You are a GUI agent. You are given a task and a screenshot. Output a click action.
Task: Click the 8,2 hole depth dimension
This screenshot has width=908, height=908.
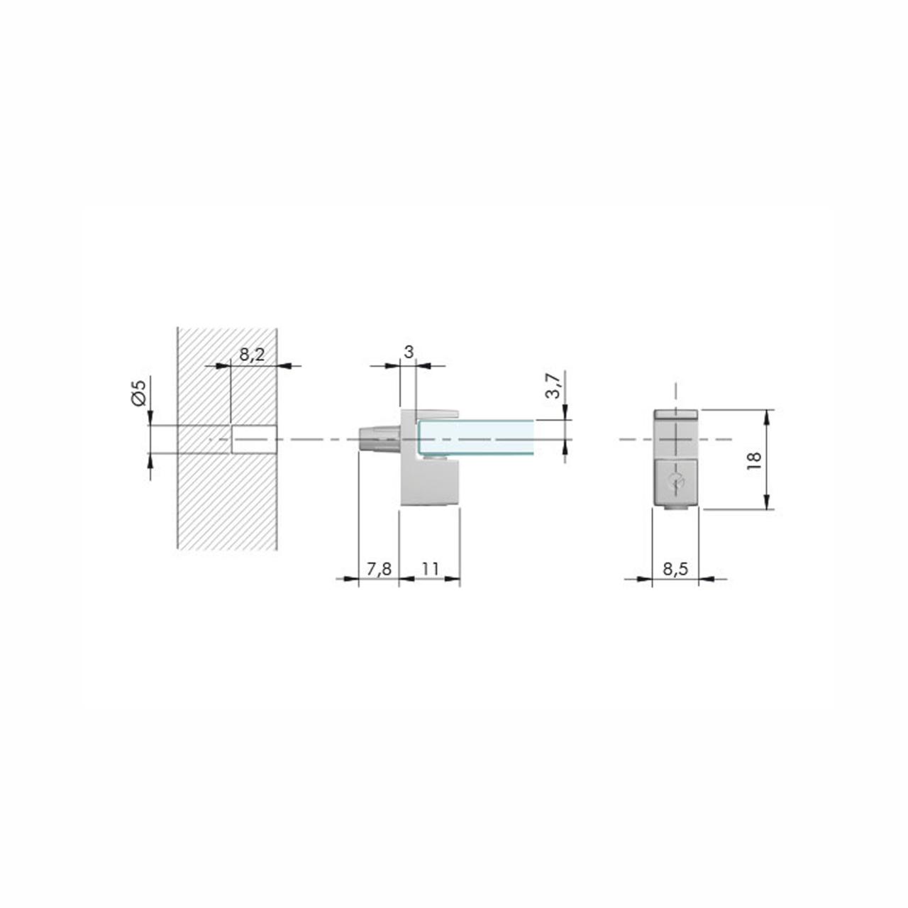pyautogui.click(x=252, y=354)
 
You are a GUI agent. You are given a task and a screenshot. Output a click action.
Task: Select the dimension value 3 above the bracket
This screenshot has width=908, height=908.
pyautogui.click(x=409, y=352)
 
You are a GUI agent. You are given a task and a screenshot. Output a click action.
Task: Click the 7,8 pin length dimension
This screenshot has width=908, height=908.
pyautogui.click(x=379, y=569)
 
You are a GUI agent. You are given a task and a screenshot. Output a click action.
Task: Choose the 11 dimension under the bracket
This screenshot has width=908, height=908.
pyautogui.click(x=430, y=569)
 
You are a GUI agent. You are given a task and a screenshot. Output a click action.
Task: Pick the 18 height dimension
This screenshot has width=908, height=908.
pyautogui.click(x=754, y=460)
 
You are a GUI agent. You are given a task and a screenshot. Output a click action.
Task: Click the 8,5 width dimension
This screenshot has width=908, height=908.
pyautogui.click(x=675, y=569)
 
